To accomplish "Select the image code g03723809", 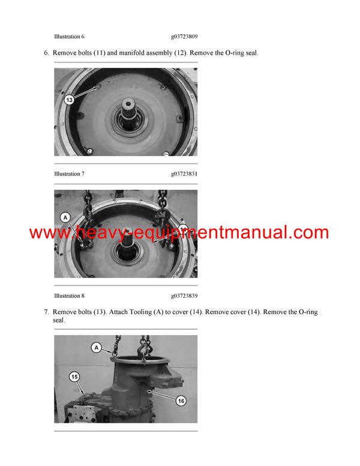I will (x=184, y=37).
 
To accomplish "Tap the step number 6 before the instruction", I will (x=46, y=53).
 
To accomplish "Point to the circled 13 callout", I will (x=70, y=100).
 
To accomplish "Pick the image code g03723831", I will (x=184, y=174).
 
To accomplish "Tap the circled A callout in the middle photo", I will (x=65, y=217).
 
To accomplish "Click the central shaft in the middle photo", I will (x=131, y=240).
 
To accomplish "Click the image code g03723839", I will (x=184, y=296).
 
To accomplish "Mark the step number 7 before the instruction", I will (x=46, y=312).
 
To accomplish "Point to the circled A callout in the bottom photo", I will (x=95, y=346).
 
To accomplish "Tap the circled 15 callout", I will (x=74, y=377).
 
